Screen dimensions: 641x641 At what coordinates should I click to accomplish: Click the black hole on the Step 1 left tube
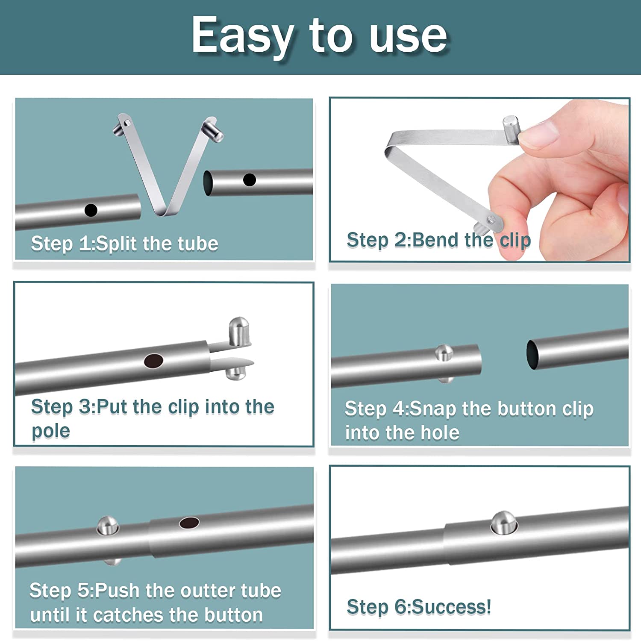pyautogui.click(x=91, y=210)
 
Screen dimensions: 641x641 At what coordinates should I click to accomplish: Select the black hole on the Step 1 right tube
pyautogui.click(x=250, y=180)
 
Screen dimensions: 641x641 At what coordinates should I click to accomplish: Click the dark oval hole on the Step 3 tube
pyautogui.click(x=153, y=361)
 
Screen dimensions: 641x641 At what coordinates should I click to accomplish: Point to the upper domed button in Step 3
pyautogui.click(x=239, y=331)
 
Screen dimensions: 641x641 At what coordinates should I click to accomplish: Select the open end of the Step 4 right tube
pyautogui.click(x=532, y=355)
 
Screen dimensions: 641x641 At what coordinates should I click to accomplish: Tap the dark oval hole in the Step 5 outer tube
pyautogui.click(x=189, y=523)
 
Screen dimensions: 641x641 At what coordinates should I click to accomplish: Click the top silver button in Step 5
pyautogui.click(x=107, y=526)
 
